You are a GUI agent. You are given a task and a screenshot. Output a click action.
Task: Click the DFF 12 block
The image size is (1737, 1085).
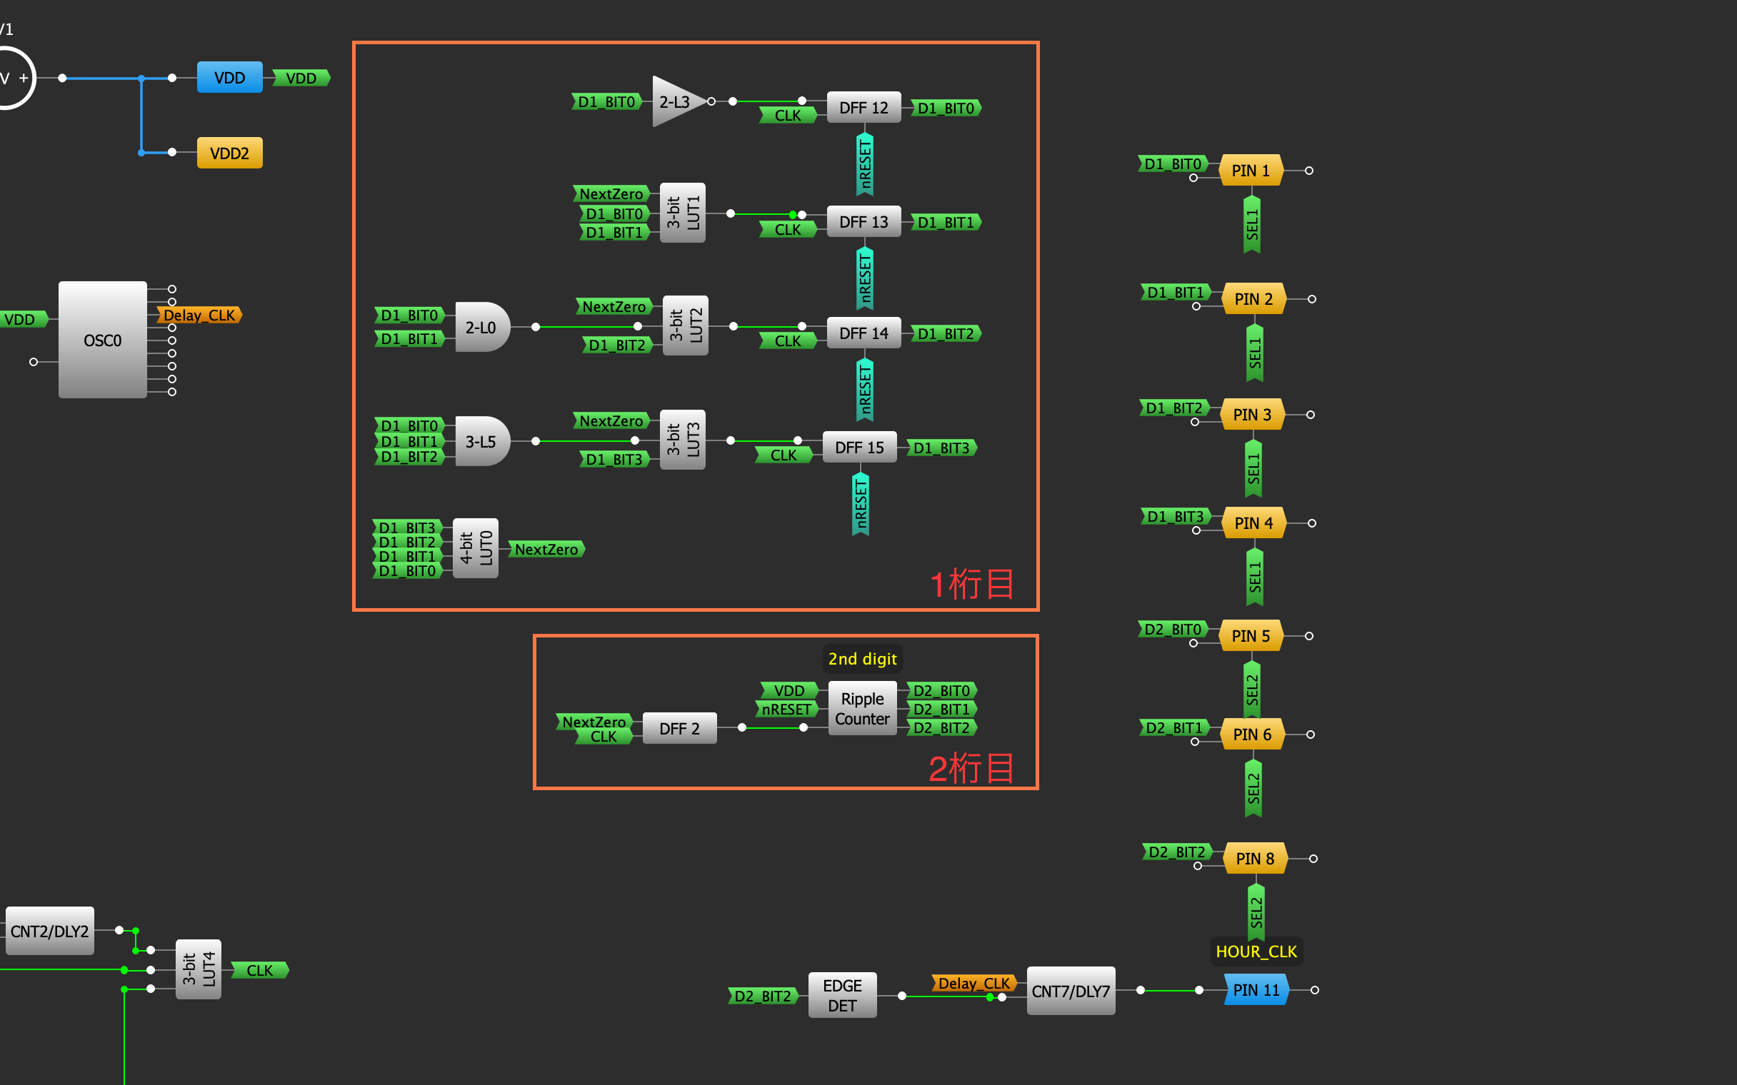pos(864,108)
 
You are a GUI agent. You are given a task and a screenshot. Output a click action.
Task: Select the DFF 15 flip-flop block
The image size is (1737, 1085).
pos(859,448)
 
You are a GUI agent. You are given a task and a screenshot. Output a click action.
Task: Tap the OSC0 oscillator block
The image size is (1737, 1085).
pos(103,340)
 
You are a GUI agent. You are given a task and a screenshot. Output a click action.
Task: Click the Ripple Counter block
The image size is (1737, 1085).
pos(862,708)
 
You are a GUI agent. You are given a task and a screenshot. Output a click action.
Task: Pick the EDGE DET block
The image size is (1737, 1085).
pos(842,995)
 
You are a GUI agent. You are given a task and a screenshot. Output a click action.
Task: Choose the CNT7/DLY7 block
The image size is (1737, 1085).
pos(1070,991)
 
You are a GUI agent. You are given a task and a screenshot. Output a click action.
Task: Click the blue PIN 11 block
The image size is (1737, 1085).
pos(1256,990)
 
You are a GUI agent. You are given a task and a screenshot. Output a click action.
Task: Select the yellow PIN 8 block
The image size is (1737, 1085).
pos(1255,858)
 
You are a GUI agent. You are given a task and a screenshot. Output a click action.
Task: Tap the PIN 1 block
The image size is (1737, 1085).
pos(1251,171)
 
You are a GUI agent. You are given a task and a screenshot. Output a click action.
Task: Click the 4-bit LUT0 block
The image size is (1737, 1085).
pos(476,548)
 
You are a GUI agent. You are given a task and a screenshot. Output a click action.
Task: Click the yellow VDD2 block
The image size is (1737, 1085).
pos(230,153)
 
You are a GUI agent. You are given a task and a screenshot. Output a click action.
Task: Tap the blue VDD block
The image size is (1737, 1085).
pos(230,78)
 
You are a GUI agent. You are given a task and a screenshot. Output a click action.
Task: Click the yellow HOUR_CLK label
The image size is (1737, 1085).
pos(1256,952)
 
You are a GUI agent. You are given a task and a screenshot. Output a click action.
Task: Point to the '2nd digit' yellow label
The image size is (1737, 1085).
pos(862,659)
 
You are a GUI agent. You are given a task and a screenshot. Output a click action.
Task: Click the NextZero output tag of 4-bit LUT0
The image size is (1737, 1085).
pos(546,550)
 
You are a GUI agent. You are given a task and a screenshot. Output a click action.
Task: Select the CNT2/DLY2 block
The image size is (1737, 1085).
pos(49,932)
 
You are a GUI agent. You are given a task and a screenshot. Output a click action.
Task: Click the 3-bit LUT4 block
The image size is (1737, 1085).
pos(199,969)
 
